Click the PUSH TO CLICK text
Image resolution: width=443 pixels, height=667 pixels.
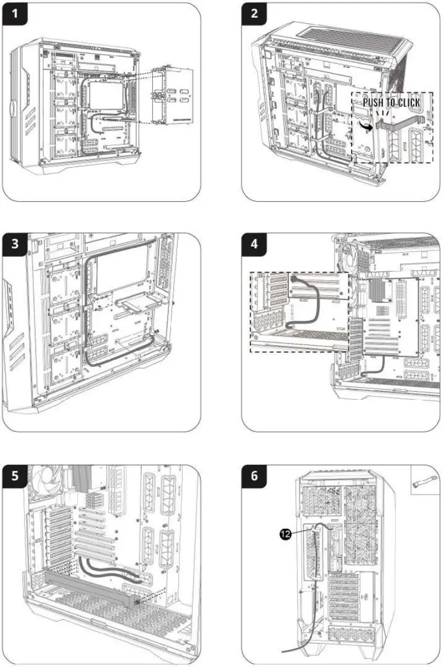point(391,103)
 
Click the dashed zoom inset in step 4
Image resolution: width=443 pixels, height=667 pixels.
point(299,312)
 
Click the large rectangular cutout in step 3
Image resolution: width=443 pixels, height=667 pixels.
point(122,273)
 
